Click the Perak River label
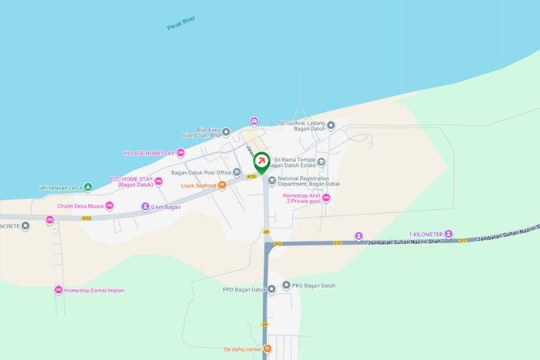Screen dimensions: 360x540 (x=181, y=23)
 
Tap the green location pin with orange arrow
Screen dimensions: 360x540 (x=262, y=161)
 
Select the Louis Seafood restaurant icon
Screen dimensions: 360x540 (x=222, y=184)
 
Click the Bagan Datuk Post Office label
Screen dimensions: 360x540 (x=202, y=173)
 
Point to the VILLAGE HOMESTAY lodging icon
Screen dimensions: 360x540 (x=181, y=153)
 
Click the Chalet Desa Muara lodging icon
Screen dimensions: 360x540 (x=109, y=206)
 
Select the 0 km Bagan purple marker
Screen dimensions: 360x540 (x=145, y=207)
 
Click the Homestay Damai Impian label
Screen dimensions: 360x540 (x=94, y=290)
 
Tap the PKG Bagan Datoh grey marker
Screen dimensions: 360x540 (x=286, y=285)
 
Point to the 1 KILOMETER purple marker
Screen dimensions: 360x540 (x=449, y=234)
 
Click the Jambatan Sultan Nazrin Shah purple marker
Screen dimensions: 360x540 (x=359, y=235)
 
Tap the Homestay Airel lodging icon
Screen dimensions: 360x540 (x=326, y=198)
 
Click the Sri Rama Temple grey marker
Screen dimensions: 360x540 (x=321, y=162)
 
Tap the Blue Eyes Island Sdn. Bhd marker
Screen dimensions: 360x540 (x=226, y=132)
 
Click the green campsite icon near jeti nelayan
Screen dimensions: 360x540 (x=88, y=187)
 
